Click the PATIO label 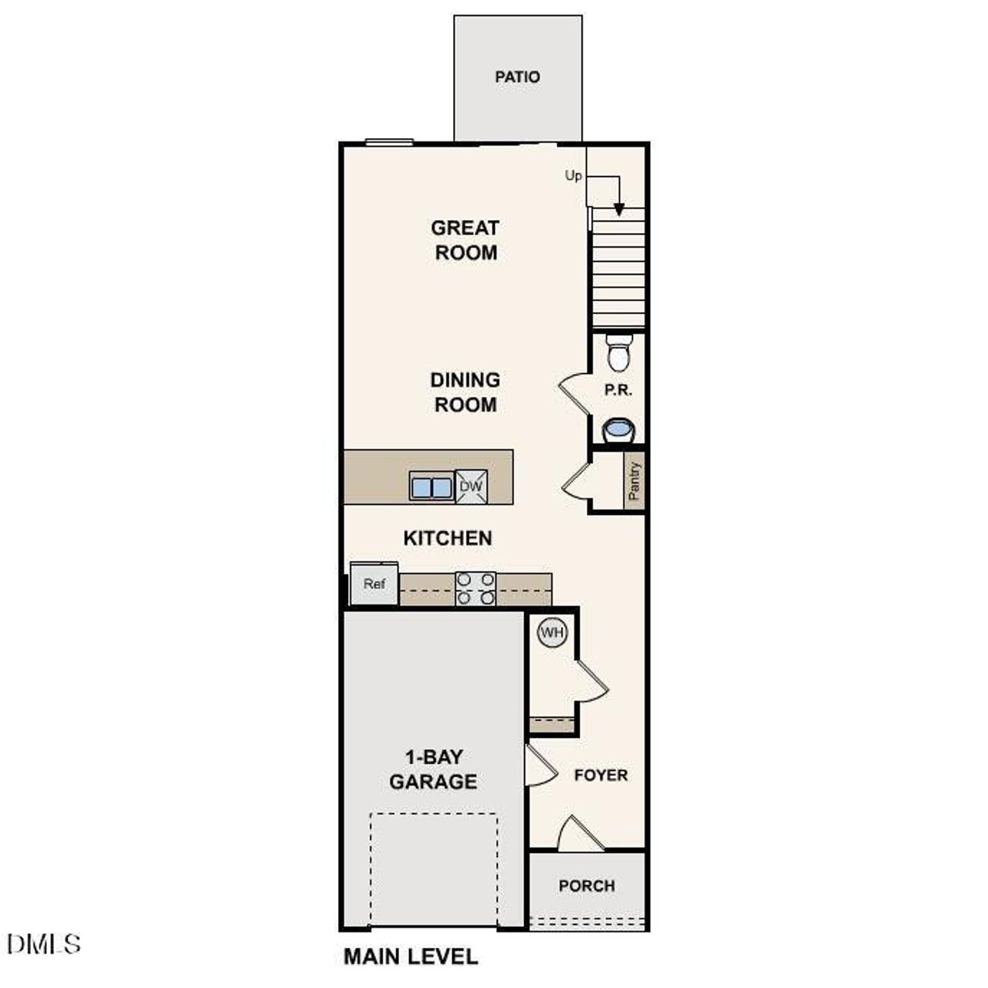517,77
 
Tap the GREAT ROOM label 465,240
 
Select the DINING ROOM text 465,392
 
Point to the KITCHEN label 448,538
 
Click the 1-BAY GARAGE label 433,770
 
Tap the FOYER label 601,775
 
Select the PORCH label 587,886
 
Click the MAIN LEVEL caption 411,957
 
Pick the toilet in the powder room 618,354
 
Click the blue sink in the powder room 618,429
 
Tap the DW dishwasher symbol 471,487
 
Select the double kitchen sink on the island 431,488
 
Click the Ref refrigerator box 374,584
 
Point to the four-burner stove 475,588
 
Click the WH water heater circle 553,633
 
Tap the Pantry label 634,482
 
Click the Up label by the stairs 574,176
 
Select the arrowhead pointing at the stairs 619,209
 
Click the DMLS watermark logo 43,944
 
